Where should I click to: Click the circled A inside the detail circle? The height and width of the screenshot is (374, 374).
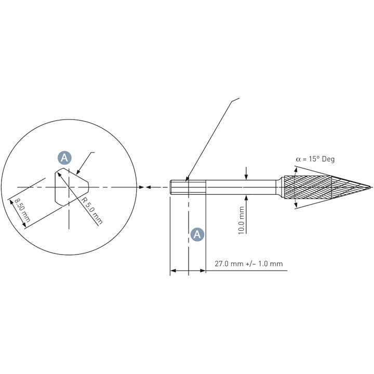pyautogui.click(x=64, y=158)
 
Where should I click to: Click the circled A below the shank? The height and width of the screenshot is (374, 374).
pyautogui.click(x=197, y=235)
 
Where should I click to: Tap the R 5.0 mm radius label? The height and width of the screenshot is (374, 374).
pyautogui.click(x=92, y=211)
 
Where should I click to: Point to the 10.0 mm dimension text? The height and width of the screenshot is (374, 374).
pyautogui.click(x=242, y=220)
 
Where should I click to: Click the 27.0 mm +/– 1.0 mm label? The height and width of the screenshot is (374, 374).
pyautogui.click(x=249, y=264)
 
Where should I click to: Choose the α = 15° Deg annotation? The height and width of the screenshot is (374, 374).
pyautogui.click(x=315, y=159)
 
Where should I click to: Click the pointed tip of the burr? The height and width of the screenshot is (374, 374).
pyautogui.click(x=371, y=187)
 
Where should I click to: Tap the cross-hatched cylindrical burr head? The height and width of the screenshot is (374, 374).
pyautogui.click(x=308, y=187)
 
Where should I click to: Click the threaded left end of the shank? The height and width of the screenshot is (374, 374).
pyautogui.click(x=179, y=187)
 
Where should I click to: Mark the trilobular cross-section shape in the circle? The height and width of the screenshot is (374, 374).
pyautogui.click(x=72, y=187)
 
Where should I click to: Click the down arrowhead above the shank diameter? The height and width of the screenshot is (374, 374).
pyautogui.click(x=246, y=177)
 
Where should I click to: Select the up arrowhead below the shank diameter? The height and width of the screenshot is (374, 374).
pyautogui.click(x=246, y=198)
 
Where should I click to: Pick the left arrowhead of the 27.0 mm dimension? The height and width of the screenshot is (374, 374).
pyautogui.click(x=173, y=271)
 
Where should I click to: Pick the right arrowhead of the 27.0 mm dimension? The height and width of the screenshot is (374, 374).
pyautogui.click(x=203, y=271)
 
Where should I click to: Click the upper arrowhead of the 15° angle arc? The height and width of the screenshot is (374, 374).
pyautogui.click(x=296, y=170)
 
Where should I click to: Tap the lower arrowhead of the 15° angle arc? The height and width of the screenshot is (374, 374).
pyautogui.click(x=296, y=205)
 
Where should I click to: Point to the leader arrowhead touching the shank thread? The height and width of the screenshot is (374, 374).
pyautogui.click(x=187, y=178)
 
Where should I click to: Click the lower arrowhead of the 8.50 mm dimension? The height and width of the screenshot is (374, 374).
pyautogui.click(x=23, y=224)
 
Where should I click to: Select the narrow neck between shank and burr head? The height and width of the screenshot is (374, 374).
pyautogui.click(x=278, y=187)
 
